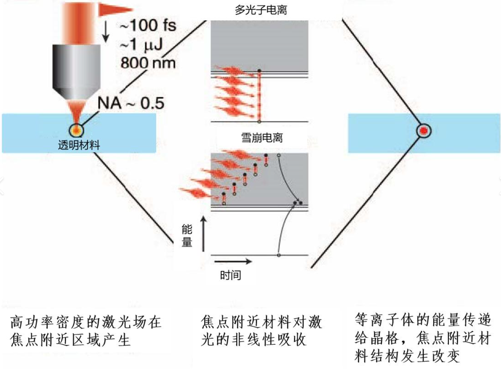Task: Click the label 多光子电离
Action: pos(261,10)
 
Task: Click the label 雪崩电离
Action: pos(262,137)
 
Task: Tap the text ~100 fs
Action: pos(148,25)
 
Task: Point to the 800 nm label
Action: pos(148,63)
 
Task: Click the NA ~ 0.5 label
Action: pos(131,103)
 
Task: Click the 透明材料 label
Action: pos(79,144)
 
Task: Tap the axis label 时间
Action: pos(231,275)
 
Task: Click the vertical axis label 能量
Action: pos(187,236)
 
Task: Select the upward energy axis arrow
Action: pos(203,234)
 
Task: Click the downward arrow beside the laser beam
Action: pos(106,32)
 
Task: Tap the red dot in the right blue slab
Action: pos(424,131)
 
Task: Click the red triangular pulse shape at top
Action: pos(115,9)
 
